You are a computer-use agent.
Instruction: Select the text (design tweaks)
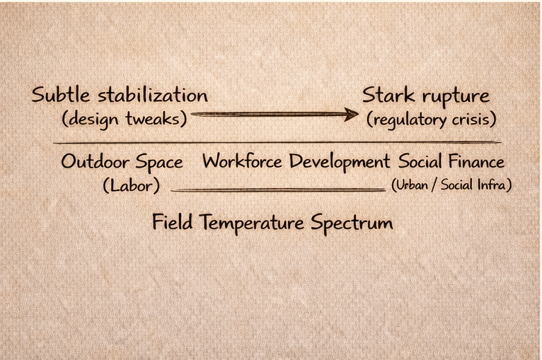click(125, 118)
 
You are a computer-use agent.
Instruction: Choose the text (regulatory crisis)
click(430, 119)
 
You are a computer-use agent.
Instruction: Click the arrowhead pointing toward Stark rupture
click(350, 114)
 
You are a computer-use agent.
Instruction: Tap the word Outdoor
click(93, 162)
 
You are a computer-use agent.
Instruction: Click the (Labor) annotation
click(131, 185)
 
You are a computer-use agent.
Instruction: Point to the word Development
click(339, 162)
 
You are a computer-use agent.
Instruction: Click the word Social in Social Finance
click(422, 161)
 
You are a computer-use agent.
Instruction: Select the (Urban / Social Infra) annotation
click(451, 185)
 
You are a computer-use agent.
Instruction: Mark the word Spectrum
click(353, 224)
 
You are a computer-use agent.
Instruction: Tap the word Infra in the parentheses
click(493, 185)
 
